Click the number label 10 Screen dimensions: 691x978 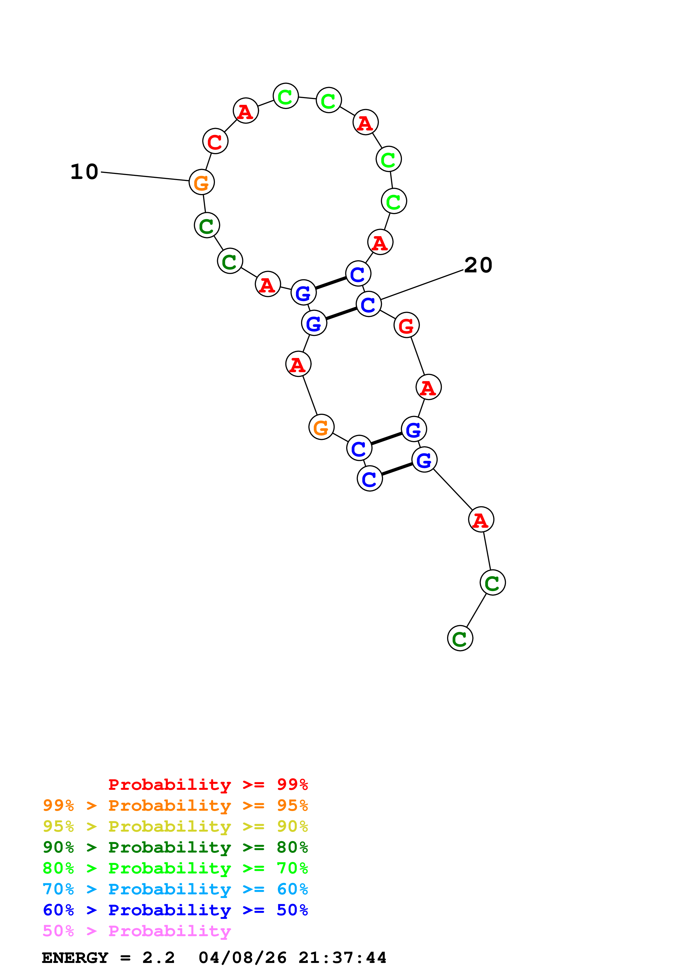click(x=84, y=172)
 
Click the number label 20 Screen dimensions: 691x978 click(x=478, y=265)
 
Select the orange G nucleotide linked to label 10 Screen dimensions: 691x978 click(x=201, y=182)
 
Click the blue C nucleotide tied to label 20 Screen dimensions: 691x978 click(x=368, y=304)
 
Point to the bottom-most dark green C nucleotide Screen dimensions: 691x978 click(x=460, y=638)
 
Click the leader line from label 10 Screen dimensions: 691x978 click(x=145, y=177)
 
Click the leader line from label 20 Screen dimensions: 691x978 click(x=421, y=285)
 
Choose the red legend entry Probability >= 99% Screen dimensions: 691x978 click(x=208, y=785)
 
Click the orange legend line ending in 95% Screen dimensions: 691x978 click(x=175, y=805)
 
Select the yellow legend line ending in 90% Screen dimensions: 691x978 click(x=175, y=826)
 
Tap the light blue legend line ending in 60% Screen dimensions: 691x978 click(x=175, y=889)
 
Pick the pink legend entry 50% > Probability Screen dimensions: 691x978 click(x=137, y=931)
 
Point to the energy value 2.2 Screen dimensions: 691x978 click(x=158, y=958)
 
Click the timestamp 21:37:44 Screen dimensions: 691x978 click(x=342, y=958)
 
